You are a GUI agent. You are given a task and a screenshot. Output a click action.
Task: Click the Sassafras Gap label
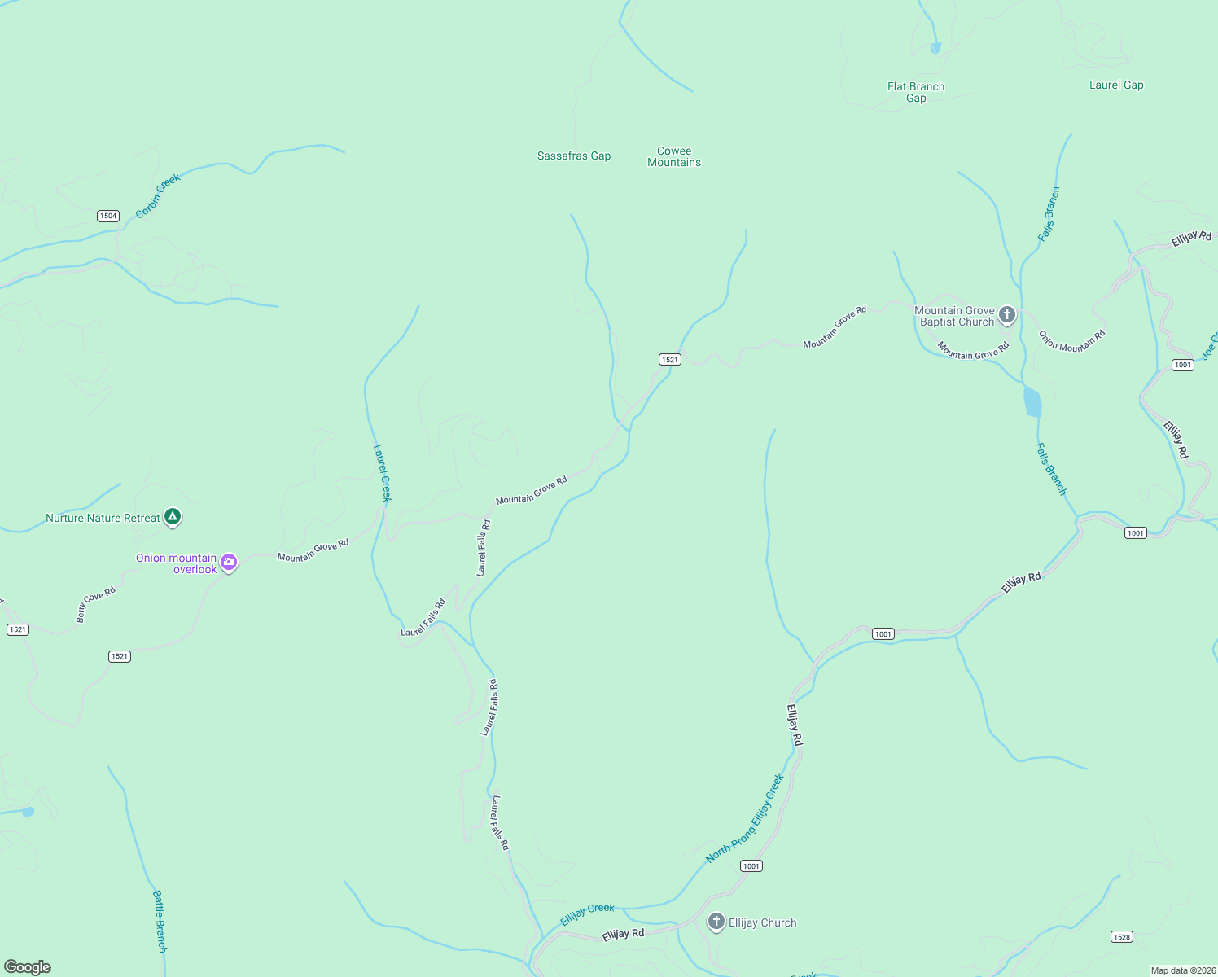(573, 156)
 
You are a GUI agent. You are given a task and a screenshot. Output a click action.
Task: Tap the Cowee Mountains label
(673, 156)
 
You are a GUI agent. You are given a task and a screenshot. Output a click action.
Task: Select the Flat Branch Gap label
(916, 92)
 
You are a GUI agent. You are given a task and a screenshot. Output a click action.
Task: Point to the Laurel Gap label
(1116, 85)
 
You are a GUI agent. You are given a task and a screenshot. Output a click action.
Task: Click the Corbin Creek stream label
(157, 196)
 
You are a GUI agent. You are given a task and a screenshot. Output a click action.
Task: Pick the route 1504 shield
(108, 216)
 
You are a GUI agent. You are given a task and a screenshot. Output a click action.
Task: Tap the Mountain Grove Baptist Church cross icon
(1007, 314)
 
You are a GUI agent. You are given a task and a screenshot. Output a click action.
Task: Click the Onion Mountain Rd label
(1072, 340)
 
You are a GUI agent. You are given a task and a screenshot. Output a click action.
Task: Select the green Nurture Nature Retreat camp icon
(172, 516)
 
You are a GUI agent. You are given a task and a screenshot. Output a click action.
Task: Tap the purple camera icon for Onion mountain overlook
(229, 562)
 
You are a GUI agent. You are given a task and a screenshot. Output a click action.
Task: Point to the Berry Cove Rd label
(96, 604)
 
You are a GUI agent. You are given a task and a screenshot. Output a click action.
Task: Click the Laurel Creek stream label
(382, 473)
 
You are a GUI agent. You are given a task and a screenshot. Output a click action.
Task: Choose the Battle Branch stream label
(160, 921)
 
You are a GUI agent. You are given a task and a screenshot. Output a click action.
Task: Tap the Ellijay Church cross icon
(716, 922)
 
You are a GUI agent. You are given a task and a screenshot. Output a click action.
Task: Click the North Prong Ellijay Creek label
(745, 818)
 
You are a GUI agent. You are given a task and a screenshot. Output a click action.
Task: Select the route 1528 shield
(1122, 936)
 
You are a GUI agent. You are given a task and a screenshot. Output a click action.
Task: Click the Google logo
(28, 967)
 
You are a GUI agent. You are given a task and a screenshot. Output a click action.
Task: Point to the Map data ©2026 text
(1183, 970)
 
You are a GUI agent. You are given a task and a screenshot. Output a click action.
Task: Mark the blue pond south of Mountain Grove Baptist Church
(1032, 402)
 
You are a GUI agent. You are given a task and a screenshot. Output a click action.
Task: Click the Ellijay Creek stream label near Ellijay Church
(587, 914)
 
